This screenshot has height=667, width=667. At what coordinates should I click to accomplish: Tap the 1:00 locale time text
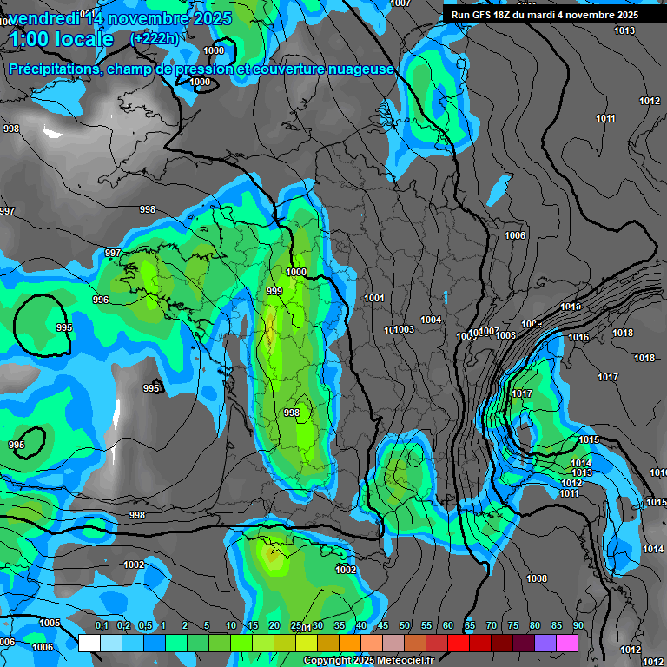pos(61,39)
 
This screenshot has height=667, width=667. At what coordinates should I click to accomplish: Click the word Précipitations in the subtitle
pos(52,69)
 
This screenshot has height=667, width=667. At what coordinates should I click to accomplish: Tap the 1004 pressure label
pos(431,320)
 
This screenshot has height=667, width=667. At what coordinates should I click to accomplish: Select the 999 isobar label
pos(274,291)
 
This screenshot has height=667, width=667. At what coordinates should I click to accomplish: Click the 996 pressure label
pos(101,300)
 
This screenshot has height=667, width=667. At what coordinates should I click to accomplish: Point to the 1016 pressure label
pos(578,337)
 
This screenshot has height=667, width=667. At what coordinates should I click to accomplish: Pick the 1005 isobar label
pos(50,623)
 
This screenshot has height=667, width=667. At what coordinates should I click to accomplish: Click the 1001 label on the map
pos(374,298)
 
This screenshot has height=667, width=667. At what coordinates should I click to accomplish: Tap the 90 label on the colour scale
pos(578,625)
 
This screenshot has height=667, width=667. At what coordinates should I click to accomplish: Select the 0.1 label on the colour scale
pos(102,625)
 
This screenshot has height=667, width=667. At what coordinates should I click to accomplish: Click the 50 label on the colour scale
pos(405,625)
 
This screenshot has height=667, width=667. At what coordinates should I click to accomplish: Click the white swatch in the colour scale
pos(89,643)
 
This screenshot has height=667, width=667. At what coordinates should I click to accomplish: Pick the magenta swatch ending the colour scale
pos(567,643)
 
